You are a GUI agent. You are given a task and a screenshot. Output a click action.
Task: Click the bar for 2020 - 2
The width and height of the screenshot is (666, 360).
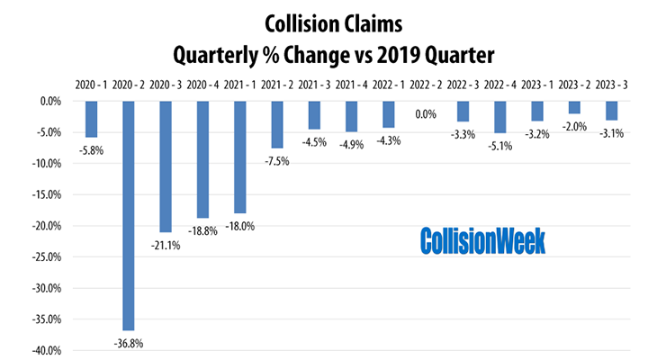click(x=129, y=215)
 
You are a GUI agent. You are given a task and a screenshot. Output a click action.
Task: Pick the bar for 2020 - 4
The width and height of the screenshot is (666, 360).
click(x=203, y=159)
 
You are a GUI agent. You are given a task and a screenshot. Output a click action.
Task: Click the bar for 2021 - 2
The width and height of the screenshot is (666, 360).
click(x=277, y=124)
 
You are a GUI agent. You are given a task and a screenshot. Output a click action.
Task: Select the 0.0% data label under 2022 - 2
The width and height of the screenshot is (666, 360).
click(x=426, y=114)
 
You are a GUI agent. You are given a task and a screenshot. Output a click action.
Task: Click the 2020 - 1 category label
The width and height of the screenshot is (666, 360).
click(x=92, y=86)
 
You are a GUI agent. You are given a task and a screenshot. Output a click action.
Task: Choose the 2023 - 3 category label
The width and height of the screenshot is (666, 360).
click(x=612, y=86)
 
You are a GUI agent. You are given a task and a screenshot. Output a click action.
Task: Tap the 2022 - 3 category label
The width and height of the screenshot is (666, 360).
click(x=463, y=86)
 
